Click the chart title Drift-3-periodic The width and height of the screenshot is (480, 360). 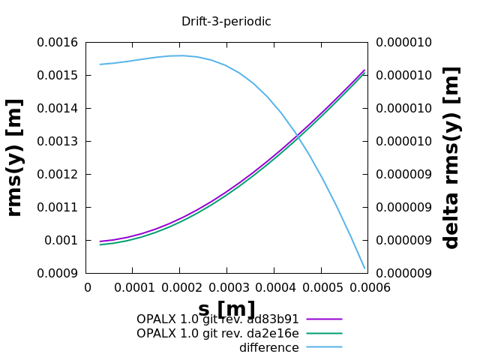[226, 22]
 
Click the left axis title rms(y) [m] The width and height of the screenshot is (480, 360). [14, 157]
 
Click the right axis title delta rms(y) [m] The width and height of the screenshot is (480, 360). [451, 157]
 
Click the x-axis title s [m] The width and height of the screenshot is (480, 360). [226, 309]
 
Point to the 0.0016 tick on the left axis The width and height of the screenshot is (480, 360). [58, 43]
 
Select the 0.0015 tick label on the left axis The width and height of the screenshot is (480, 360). [58, 76]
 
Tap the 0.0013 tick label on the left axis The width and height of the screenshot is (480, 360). [58, 142]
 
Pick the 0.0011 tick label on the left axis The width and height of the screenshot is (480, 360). [58, 208]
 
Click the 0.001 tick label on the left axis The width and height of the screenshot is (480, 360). [64, 241]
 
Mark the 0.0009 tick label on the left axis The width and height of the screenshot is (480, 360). [58, 274]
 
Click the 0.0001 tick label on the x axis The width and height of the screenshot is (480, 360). [133, 288]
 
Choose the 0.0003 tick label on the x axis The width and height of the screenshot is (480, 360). [226, 288]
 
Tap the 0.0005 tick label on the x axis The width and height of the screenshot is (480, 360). [321, 288]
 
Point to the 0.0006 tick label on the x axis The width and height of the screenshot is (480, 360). [367, 288]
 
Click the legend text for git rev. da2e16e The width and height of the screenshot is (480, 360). [217, 333]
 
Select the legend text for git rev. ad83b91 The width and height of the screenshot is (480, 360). [217, 319]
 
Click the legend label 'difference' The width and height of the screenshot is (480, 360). [268, 348]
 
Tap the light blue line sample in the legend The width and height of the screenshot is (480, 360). [324, 347]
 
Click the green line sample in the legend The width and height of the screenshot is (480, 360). [324, 333]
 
